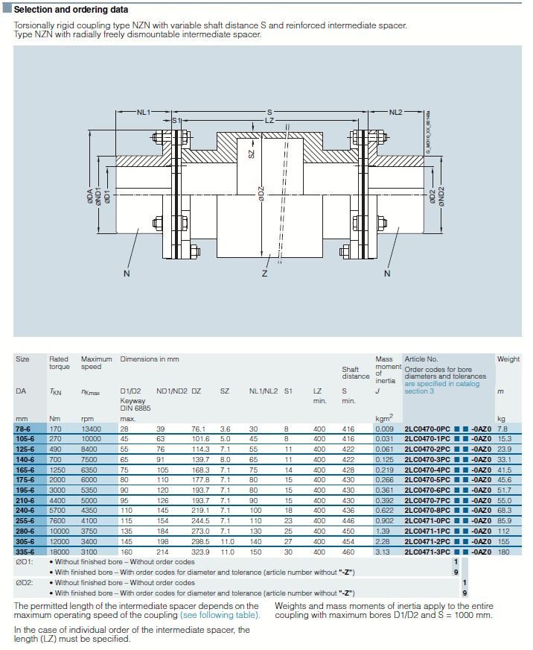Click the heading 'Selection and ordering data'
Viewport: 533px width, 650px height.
point(71,10)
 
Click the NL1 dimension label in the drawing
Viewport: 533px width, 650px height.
point(144,112)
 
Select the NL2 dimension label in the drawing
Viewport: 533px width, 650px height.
point(395,112)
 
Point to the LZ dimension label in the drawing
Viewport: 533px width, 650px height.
point(270,120)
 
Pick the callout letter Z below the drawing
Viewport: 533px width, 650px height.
point(264,274)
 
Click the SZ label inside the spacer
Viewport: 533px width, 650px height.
point(252,152)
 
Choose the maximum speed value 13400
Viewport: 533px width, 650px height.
point(92,429)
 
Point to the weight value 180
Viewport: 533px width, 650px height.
point(503,552)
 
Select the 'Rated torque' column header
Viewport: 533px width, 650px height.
point(60,363)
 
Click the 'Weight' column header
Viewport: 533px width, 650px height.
point(508,359)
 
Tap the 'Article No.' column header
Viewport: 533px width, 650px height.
point(421,359)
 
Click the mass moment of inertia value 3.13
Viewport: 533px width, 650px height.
point(383,552)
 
